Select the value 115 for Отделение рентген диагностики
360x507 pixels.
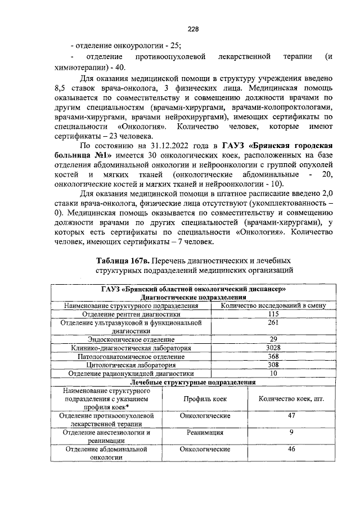(273, 314)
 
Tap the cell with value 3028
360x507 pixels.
(273, 348)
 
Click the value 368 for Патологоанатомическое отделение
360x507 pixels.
(273, 356)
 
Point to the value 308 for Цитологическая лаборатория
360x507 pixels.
(273, 365)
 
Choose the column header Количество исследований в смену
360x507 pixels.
(273, 306)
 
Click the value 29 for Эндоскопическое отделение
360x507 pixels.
(273, 339)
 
